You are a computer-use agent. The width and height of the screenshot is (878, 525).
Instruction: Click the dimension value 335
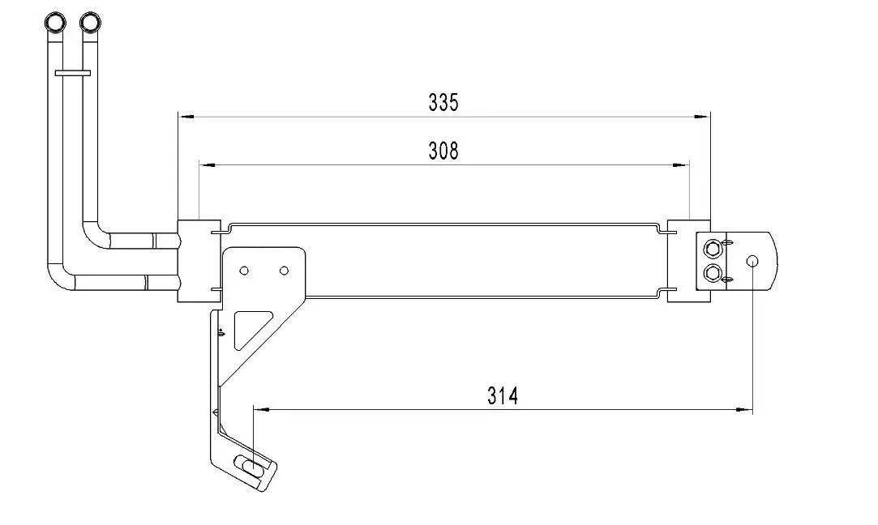(443, 102)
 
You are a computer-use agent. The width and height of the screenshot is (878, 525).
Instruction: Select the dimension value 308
(443, 151)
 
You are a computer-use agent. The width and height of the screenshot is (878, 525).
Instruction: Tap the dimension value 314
(503, 395)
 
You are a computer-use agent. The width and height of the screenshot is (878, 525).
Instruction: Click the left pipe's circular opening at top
(55, 23)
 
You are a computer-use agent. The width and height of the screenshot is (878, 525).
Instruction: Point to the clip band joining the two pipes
(72, 73)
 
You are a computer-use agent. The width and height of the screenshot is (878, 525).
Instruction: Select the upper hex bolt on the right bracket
(712, 248)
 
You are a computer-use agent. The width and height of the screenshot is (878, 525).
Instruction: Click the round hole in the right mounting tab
(752, 261)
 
